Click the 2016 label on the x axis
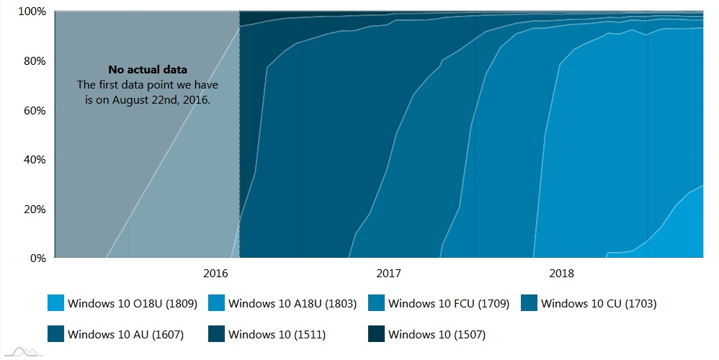click(x=216, y=274)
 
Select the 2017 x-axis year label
click(x=389, y=274)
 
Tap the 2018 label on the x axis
click(x=562, y=274)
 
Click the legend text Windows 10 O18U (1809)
click(x=133, y=304)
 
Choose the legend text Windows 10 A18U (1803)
click(x=292, y=304)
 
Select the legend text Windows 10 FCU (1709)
click(x=449, y=304)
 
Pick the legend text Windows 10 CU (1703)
click(x=599, y=304)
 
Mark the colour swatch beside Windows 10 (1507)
click(x=376, y=334)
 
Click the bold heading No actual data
click(x=148, y=70)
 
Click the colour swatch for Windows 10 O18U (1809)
click(x=55, y=304)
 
